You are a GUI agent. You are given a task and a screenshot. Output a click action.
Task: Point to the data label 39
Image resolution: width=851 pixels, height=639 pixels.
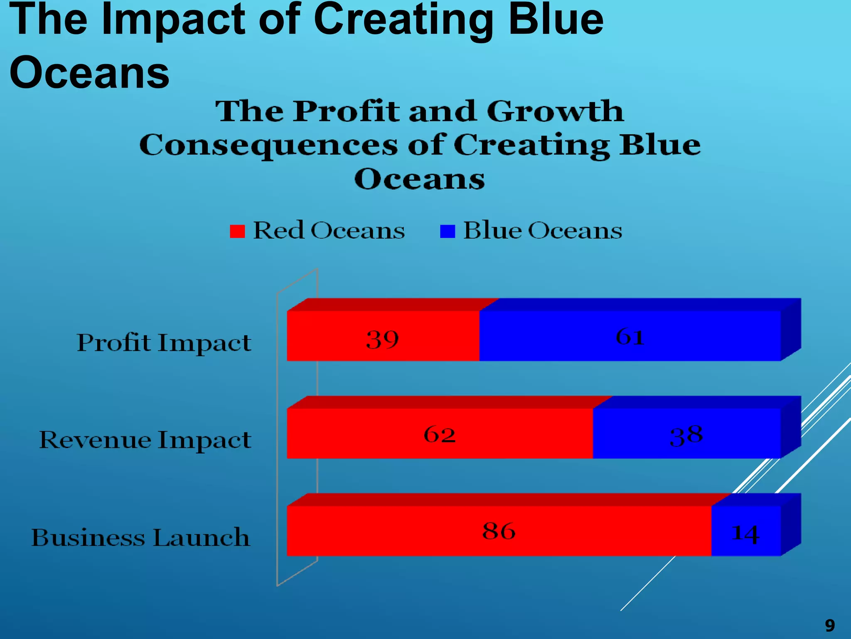pyautogui.click(x=382, y=339)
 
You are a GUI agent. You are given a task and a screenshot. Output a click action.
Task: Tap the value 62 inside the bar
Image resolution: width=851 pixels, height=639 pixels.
pyautogui.click(x=440, y=434)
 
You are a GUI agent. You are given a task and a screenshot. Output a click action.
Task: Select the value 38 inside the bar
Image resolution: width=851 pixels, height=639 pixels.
pyautogui.click(x=686, y=436)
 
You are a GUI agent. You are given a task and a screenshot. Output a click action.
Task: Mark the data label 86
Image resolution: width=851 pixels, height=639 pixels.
pyautogui.click(x=499, y=531)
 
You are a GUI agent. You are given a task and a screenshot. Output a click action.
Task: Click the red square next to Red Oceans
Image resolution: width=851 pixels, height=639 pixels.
pyautogui.click(x=237, y=231)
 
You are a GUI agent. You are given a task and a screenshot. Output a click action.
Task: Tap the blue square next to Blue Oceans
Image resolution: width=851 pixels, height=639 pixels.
pyautogui.click(x=448, y=231)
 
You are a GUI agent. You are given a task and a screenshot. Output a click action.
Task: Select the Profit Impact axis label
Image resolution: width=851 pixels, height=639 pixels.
pyautogui.click(x=164, y=343)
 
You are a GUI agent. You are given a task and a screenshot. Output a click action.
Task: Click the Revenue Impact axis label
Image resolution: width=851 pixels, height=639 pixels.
pyautogui.click(x=145, y=440)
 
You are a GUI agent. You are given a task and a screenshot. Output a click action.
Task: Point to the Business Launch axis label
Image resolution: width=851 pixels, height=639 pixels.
pyautogui.click(x=140, y=537)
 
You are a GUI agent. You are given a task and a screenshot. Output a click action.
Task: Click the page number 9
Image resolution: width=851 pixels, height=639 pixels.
pyautogui.click(x=829, y=625)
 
